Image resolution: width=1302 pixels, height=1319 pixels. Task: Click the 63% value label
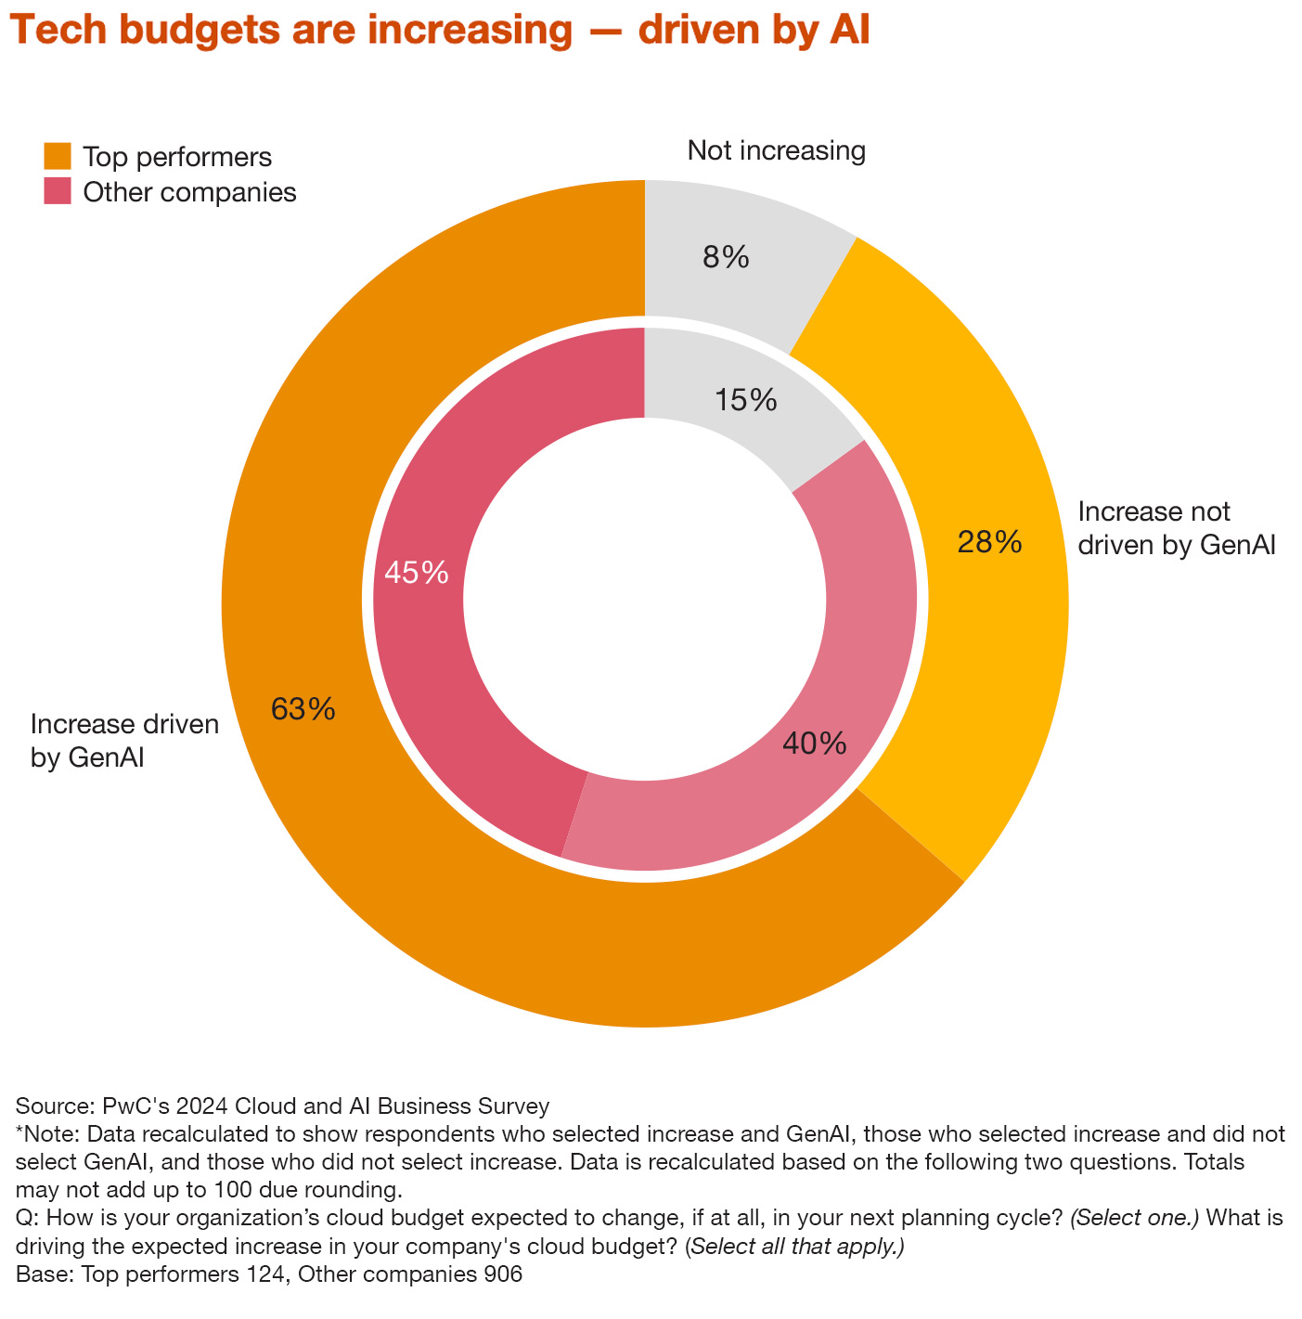click(303, 710)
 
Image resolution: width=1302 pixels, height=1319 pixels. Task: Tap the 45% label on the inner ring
click(417, 573)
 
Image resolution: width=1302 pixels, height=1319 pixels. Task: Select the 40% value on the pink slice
click(814, 744)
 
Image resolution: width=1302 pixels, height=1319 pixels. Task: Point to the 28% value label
click(989, 542)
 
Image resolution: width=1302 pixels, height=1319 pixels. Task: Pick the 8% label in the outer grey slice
click(726, 257)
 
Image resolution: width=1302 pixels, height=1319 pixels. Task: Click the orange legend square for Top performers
click(58, 156)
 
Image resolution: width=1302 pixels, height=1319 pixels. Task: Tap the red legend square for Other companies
click(58, 191)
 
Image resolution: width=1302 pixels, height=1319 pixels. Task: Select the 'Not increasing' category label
click(776, 150)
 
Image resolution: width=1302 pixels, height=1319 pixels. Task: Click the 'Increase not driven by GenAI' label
click(1177, 528)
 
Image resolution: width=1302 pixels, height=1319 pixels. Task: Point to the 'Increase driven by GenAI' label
click(124, 740)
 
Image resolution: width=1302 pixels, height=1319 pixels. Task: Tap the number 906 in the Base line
click(503, 1274)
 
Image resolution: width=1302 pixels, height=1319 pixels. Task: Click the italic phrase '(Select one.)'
click(1134, 1218)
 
